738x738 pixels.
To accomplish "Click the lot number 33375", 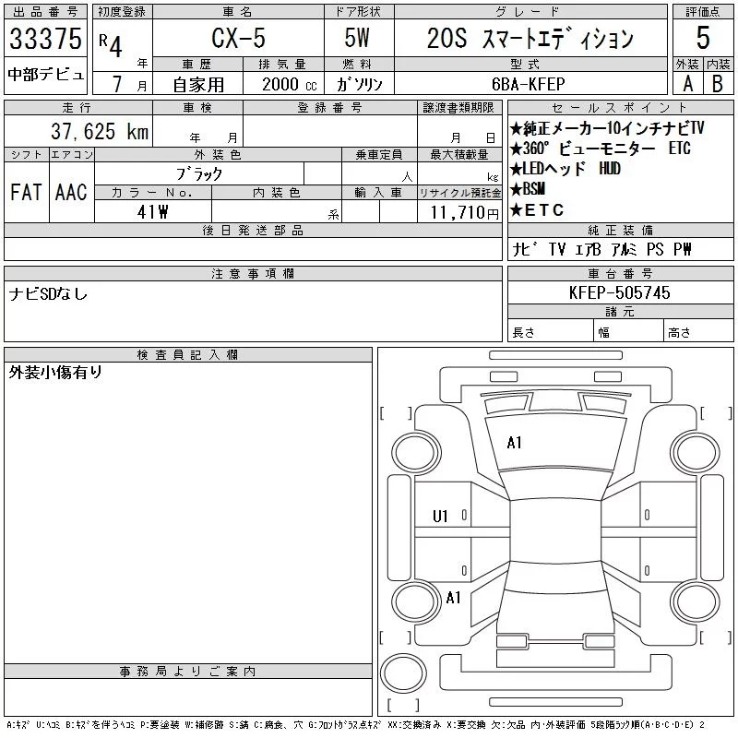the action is [x=45, y=39].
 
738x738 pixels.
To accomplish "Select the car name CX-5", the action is [x=238, y=38].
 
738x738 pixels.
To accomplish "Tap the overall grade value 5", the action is [x=703, y=38].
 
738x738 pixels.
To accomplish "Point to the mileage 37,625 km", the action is [x=100, y=131].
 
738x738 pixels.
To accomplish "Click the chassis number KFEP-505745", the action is [x=619, y=292].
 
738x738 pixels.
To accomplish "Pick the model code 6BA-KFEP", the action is [x=528, y=84].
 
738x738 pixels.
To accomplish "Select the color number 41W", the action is [x=152, y=212].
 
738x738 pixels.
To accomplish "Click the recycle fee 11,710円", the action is [x=464, y=213].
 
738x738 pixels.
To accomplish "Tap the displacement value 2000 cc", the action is [x=290, y=85].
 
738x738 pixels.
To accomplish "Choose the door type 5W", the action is [x=357, y=38].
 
